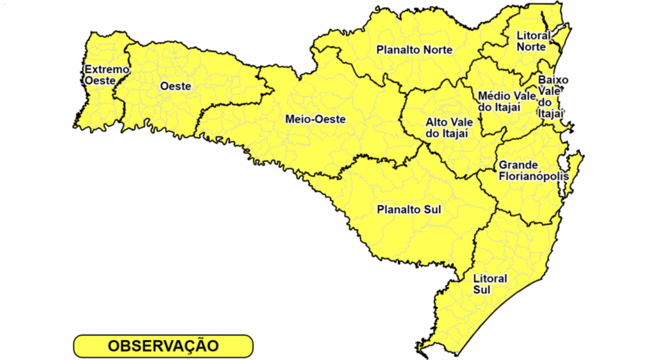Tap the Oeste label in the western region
coord(176,86)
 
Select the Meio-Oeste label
coord(315,119)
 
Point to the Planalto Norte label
coord(414,50)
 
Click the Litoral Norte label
coord(533,41)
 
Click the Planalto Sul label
coord(409,209)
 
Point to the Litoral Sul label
coord(489,284)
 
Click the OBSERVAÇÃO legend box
coord(163,346)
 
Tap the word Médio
coord(494,96)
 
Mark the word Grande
coord(519,165)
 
